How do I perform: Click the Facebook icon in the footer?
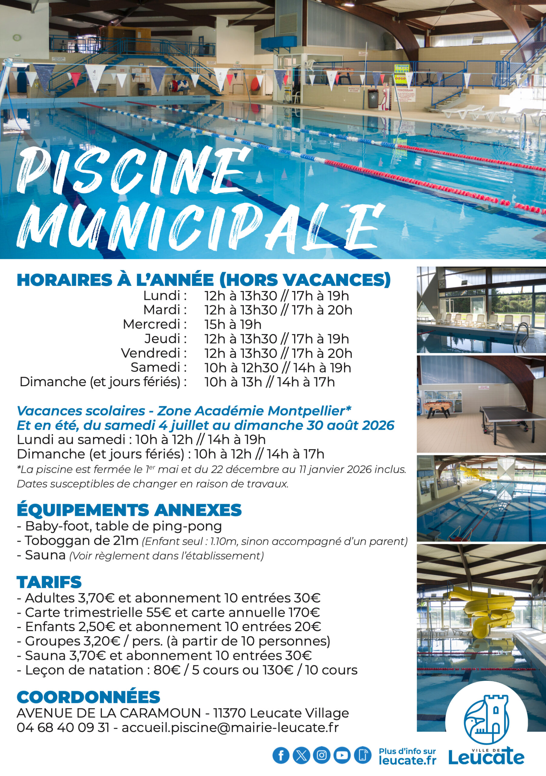(x=281, y=755)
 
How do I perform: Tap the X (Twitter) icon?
(x=301, y=755)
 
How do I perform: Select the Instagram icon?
(x=322, y=755)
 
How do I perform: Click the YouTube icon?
(x=342, y=755)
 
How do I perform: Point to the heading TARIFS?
(x=49, y=582)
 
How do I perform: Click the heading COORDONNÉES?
(x=88, y=697)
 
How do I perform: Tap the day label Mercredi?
(x=154, y=324)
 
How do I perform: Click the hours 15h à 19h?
(x=233, y=324)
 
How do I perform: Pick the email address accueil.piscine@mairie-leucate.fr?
(x=230, y=728)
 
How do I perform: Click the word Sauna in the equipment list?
(x=45, y=555)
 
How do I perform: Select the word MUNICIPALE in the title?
(x=199, y=225)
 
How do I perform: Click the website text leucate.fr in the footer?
(x=407, y=761)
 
